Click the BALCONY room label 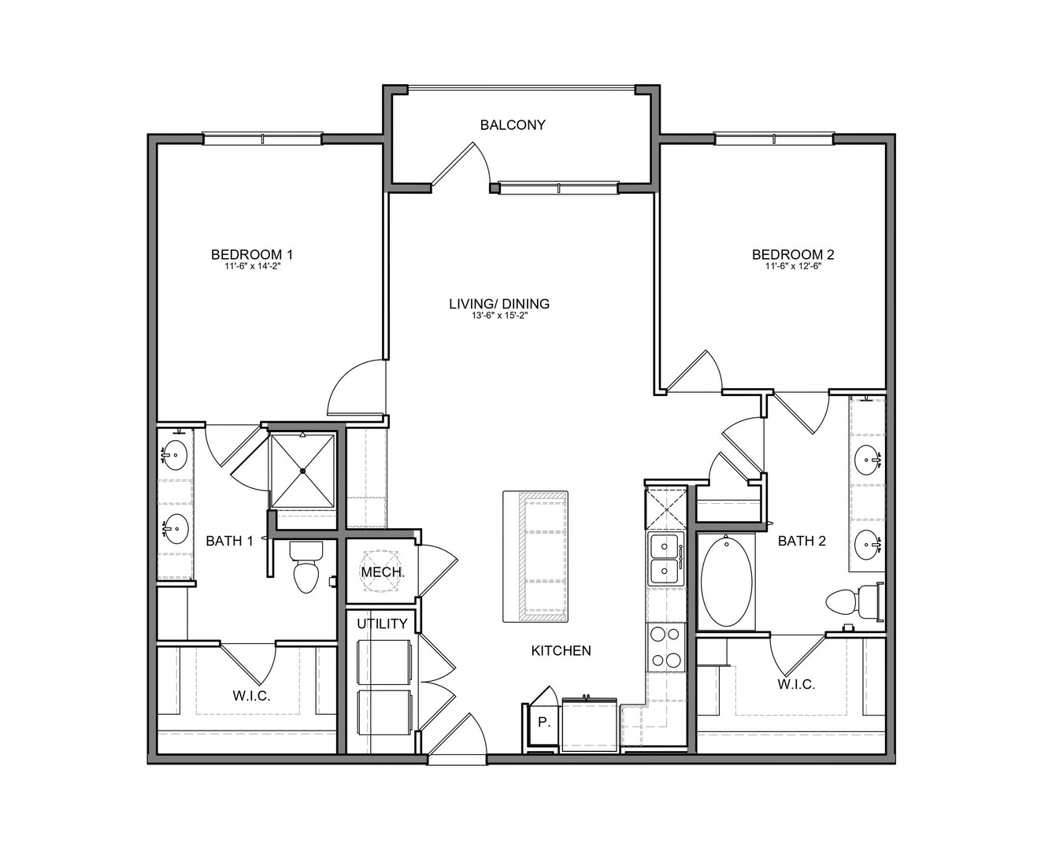[x=513, y=124]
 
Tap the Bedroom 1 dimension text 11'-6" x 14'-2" [x=252, y=266]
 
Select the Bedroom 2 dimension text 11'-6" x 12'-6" [x=793, y=266]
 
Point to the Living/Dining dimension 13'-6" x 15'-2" [x=499, y=315]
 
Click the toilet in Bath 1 [x=306, y=567]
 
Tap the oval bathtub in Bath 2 [x=726, y=581]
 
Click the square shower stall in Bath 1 [x=302, y=471]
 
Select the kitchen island [x=535, y=557]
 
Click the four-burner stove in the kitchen [x=666, y=647]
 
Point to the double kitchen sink [x=665, y=559]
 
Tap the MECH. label [x=383, y=572]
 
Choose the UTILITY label [x=382, y=623]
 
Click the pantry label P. [x=543, y=721]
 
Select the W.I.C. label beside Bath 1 [x=251, y=696]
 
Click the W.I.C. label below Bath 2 [x=796, y=684]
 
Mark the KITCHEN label [x=561, y=650]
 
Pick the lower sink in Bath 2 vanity [x=868, y=546]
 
